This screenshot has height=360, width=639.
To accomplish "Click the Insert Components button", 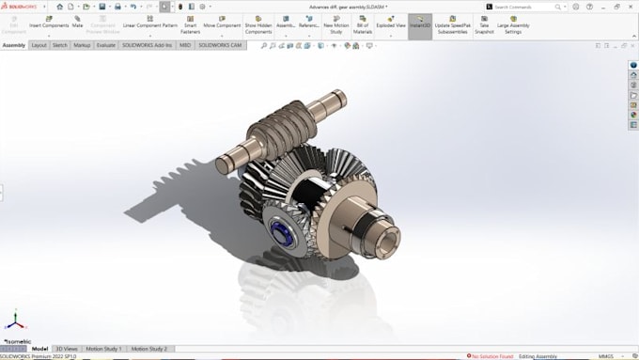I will pos(49,21).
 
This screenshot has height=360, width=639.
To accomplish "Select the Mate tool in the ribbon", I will pos(78,21).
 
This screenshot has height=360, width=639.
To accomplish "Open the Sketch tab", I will pos(59,45).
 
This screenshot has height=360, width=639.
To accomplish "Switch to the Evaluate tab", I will pos(105,45).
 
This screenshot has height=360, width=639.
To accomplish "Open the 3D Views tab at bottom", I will pos(66,349).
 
